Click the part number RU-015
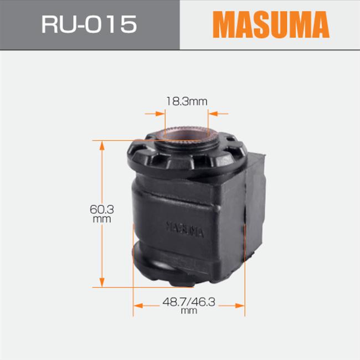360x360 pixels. click(x=89, y=24)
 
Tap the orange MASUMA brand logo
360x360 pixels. click(x=271, y=24)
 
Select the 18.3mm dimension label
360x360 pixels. click(x=187, y=101)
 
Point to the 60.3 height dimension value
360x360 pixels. click(x=102, y=209)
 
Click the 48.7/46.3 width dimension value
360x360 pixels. click(x=189, y=302)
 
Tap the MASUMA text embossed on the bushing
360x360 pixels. click(x=185, y=229)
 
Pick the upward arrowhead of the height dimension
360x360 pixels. click(x=102, y=146)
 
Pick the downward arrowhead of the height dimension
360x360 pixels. click(x=102, y=282)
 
